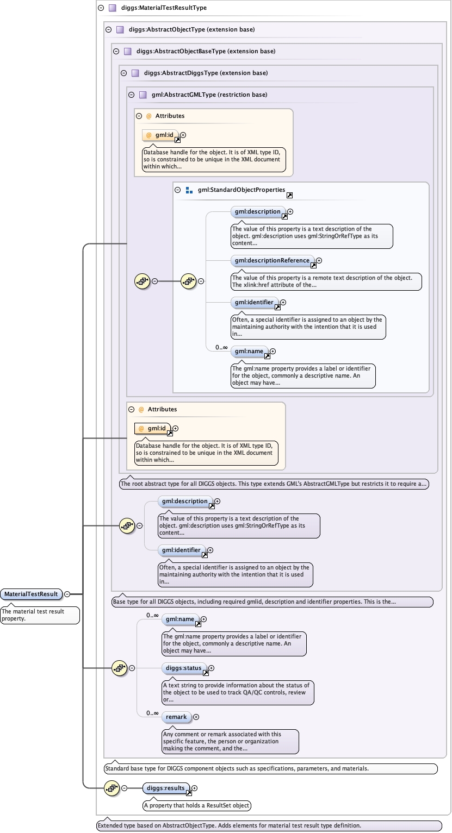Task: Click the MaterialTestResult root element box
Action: click(x=31, y=594)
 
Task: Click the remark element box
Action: click(x=176, y=717)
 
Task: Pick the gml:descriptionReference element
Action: click(x=273, y=260)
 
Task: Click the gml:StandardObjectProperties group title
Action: click(x=241, y=190)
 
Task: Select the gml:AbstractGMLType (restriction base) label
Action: click(x=209, y=95)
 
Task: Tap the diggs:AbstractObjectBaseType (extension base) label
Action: click(x=206, y=51)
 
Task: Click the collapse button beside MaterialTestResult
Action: click(x=67, y=594)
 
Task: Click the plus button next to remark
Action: click(x=196, y=717)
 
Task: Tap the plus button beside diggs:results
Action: click(x=195, y=788)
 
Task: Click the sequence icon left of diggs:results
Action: click(x=112, y=788)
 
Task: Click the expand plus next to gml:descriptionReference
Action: click(x=319, y=260)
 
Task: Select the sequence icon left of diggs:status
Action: click(x=119, y=668)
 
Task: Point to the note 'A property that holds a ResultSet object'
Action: click(x=197, y=805)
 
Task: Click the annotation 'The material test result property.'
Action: click(x=40, y=615)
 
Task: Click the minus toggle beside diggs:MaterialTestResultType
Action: click(x=101, y=8)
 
